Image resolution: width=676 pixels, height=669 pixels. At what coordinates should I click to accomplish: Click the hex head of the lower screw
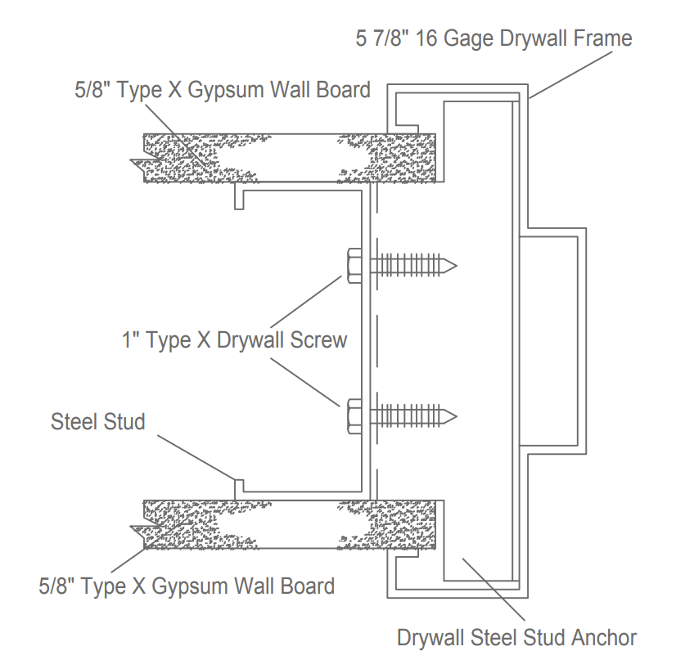click(354, 415)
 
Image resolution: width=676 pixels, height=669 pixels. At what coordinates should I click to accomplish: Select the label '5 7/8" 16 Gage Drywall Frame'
click(493, 38)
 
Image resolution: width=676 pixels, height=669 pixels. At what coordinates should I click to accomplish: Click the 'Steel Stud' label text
click(97, 421)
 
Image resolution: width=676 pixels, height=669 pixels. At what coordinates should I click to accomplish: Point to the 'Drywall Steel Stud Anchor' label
click(516, 636)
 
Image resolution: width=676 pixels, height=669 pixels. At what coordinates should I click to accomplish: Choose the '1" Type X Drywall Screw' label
click(234, 340)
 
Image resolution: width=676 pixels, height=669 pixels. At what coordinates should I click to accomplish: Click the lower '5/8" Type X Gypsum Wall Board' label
click(187, 586)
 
